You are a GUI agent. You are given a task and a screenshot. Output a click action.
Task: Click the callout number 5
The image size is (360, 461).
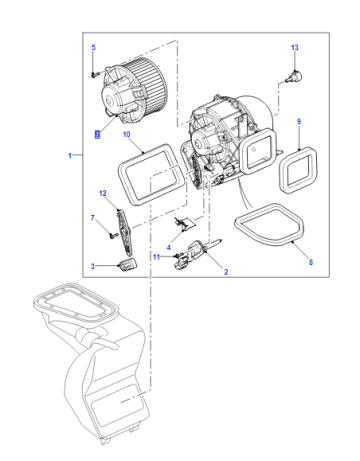click(93, 47)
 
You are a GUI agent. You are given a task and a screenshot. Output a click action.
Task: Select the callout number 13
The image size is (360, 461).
click(295, 48)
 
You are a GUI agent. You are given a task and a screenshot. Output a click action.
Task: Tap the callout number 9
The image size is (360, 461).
click(299, 122)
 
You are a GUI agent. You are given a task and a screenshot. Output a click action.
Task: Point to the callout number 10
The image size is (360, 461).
click(127, 134)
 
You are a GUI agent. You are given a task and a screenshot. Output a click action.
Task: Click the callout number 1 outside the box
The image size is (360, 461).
click(70, 155)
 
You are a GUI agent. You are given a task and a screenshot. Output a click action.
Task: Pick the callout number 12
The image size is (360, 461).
click(103, 193)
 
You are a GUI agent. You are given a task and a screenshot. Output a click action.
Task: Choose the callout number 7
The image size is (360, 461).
click(93, 218)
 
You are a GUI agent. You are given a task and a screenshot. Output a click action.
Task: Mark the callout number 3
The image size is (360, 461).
click(93, 266)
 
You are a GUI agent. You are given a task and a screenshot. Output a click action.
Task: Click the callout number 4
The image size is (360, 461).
click(169, 247)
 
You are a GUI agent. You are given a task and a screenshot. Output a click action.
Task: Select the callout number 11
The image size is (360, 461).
click(157, 257)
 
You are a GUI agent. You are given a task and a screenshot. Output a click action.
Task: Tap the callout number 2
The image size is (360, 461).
click(226, 272)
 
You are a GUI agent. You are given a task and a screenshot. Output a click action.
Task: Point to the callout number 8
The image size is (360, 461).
click(311, 262)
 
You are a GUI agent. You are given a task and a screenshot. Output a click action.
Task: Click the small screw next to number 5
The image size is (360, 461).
click(95, 75)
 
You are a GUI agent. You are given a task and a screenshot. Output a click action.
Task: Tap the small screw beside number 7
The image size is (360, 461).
click(113, 235)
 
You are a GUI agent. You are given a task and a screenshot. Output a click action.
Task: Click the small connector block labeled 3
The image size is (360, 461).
click(128, 265)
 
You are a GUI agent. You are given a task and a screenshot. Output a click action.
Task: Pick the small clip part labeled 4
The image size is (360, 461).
click(184, 223)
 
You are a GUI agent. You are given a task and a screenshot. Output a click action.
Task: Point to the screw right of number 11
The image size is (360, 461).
click(178, 256)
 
